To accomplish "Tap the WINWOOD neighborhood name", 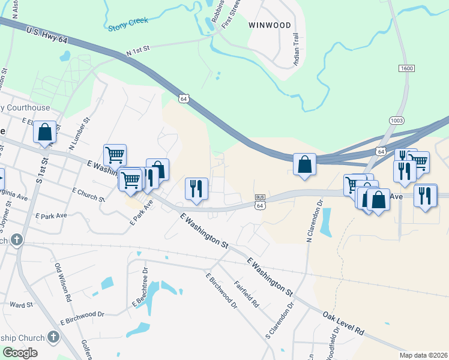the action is click(x=270, y=25).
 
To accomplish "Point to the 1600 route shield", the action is click(x=406, y=68).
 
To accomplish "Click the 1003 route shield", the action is click(x=396, y=120).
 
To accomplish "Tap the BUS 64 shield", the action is click(x=260, y=202).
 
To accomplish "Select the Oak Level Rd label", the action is click(x=343, y=322).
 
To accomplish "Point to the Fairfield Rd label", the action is click(x=246, y=294).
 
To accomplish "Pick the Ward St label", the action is click(x=21, y=305).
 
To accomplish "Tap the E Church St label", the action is click(x=88, y=194).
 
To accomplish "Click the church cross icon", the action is click(x=17, y=240).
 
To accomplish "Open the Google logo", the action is click(x=20, y=353).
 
